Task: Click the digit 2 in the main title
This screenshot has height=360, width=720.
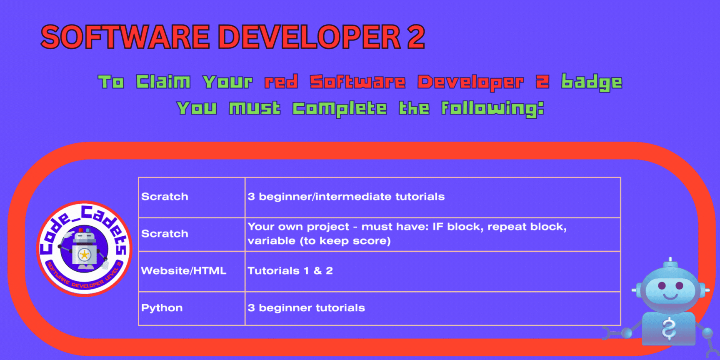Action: pyautogui.click(x=415, y=37)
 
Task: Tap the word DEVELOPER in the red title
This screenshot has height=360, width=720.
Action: pyautogui.click(x=309, y=37)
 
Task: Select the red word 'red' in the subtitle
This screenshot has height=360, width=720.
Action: pyautogui.click(x=281, y=82)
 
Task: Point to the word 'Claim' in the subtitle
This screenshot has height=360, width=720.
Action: pyautogui.click(x=163, y=82)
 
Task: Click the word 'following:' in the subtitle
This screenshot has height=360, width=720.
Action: pyautogui.click(x=493, y=109)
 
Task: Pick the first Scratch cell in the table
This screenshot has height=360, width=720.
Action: pyautogui.click(x=191, y=197)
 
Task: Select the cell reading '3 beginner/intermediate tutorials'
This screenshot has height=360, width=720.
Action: pyautogui.click(x=433, y=197)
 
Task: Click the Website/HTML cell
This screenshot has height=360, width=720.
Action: pyautogui.click(x=191, y=271)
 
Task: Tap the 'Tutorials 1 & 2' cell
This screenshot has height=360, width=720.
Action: pyautogui.click(x=433, y=271)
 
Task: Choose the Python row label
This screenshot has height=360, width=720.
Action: pyautogui.click(x=162, y=308)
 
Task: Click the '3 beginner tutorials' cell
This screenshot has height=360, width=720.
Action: pyautogui.click(x=433, y=308)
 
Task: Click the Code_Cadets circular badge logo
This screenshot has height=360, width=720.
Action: pyautogui.click(x=85, y=249)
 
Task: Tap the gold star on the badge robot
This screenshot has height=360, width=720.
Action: pyautogui.click(x=84, y=254)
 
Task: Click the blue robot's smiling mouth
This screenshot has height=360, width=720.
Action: pyautogui.click(x=670, y=296)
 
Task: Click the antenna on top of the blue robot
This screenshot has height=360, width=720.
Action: pyautogui.click(x=670, y=262)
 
